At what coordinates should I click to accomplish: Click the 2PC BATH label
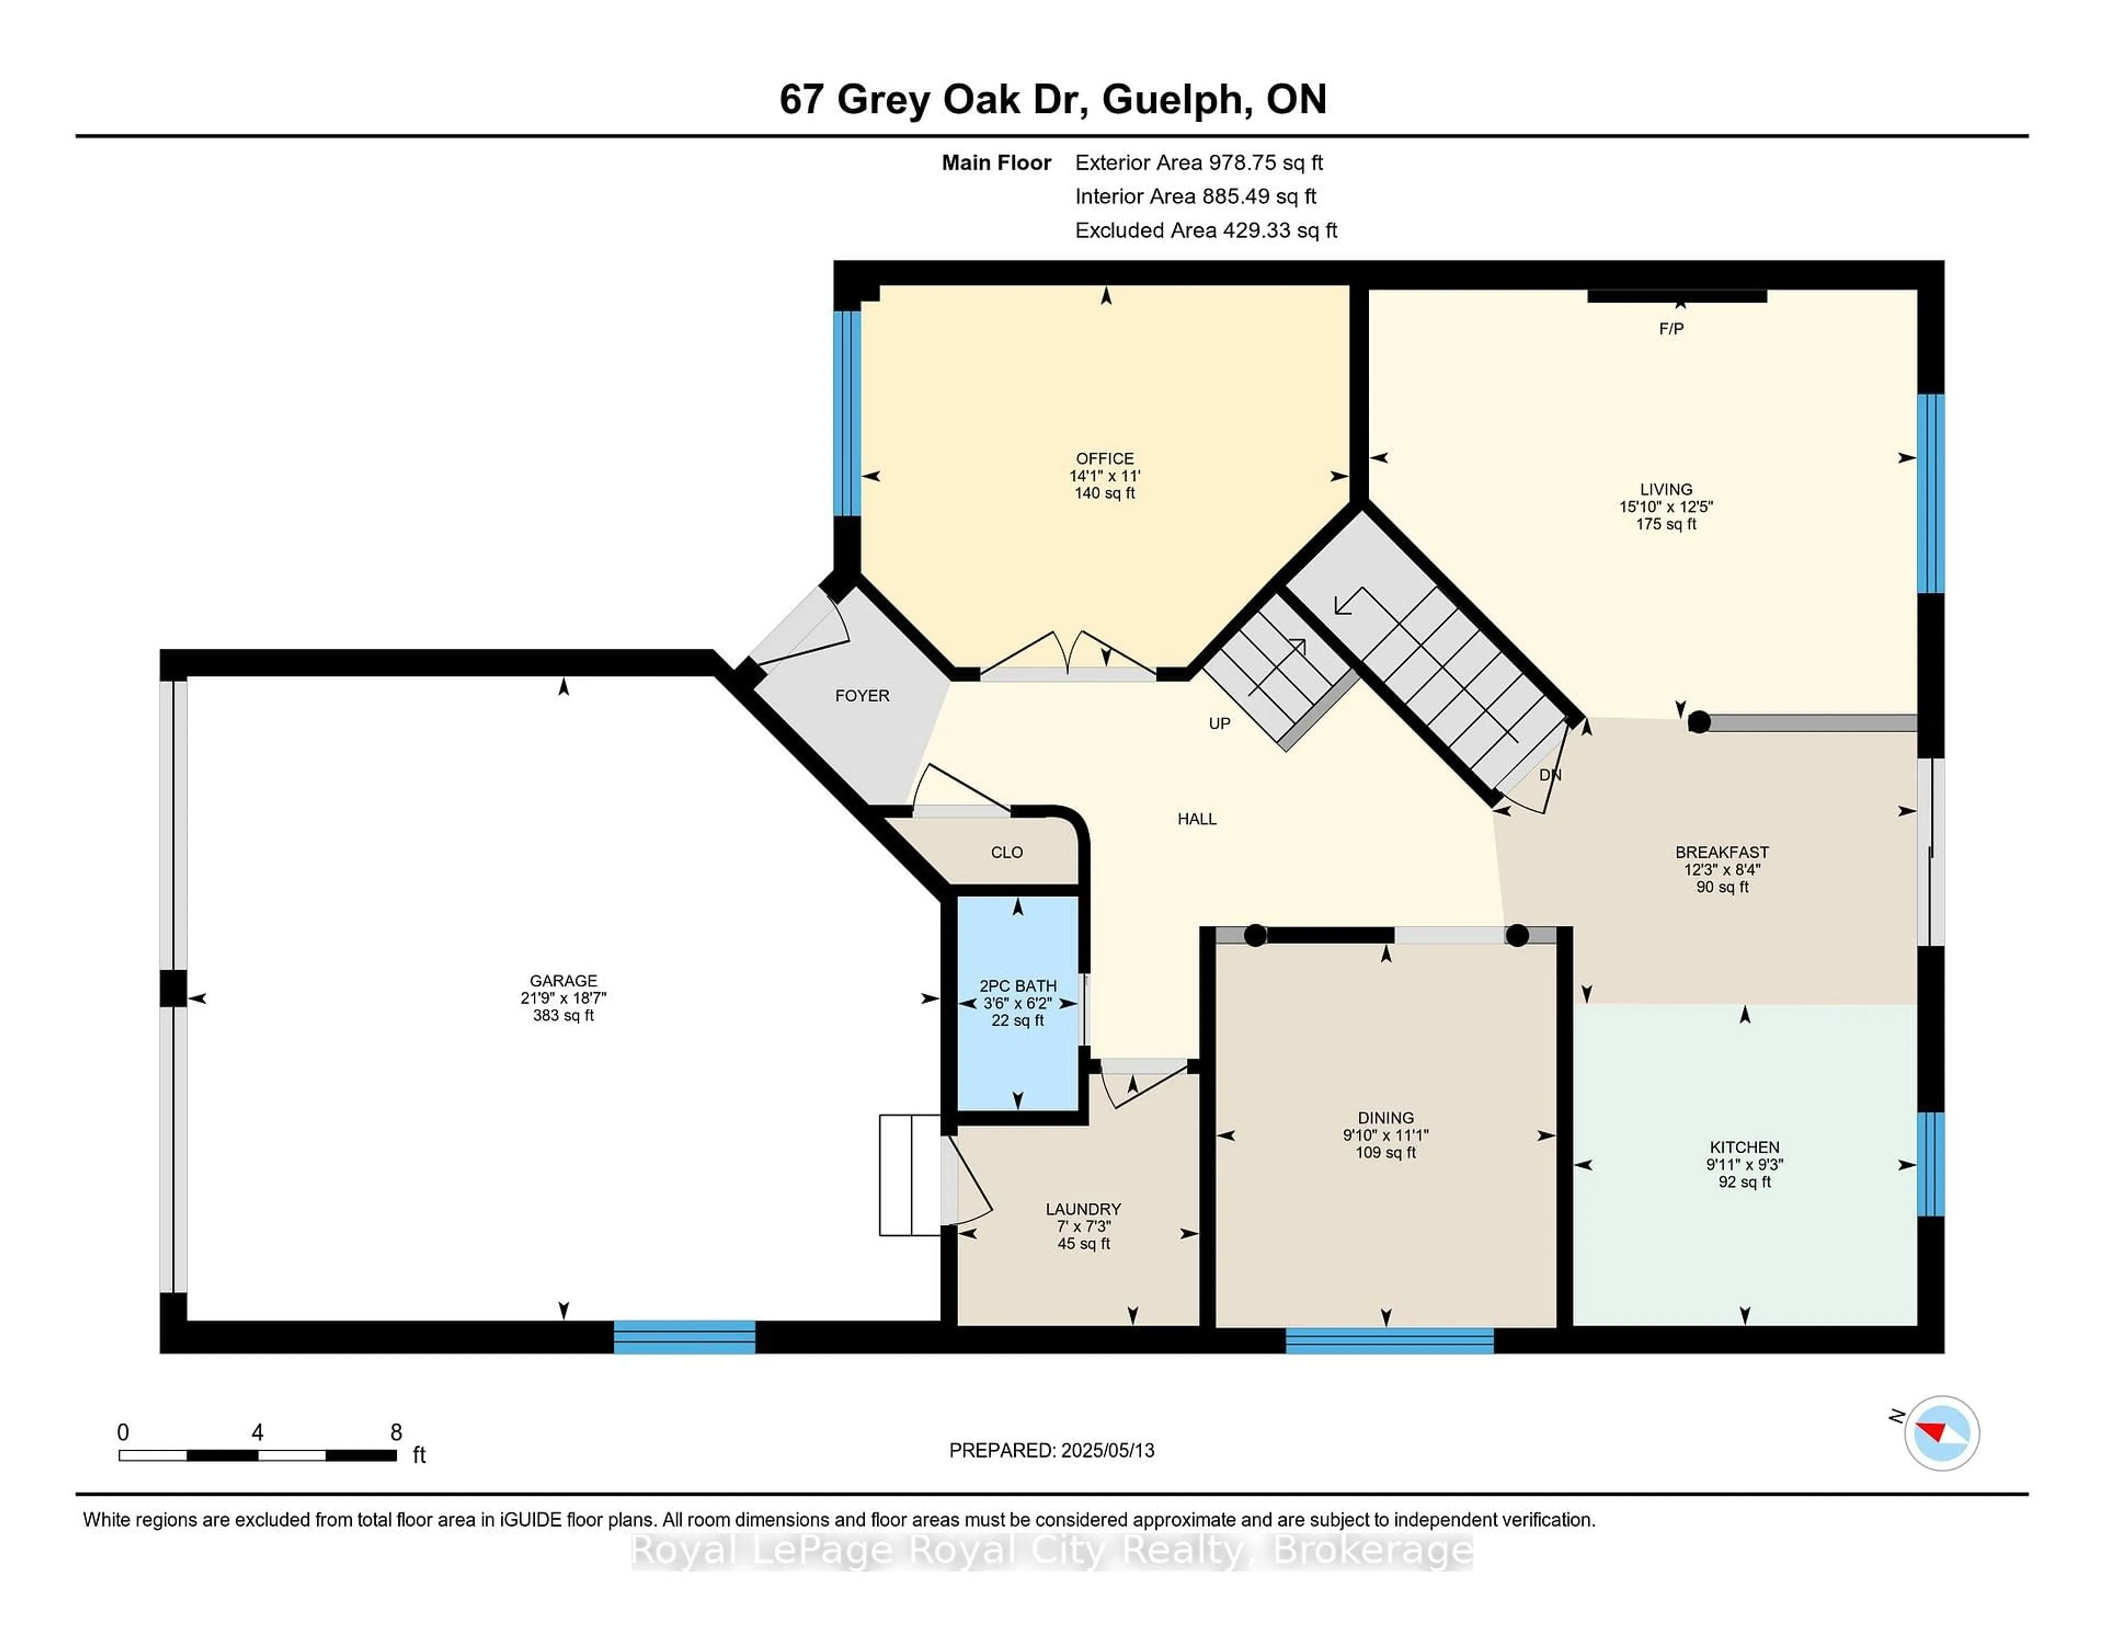[x=1017, y=986]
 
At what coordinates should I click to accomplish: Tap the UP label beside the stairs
[x=1219, y=723]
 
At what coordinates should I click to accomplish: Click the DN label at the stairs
[x=1549, y=775]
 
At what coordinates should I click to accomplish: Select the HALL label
[x=1197, y=819]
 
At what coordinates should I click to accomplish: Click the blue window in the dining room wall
[x=1388, y=1340]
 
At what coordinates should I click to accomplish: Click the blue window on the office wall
[x=847, y=413]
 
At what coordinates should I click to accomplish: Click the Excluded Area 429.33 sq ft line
[x=1205, y=230]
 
